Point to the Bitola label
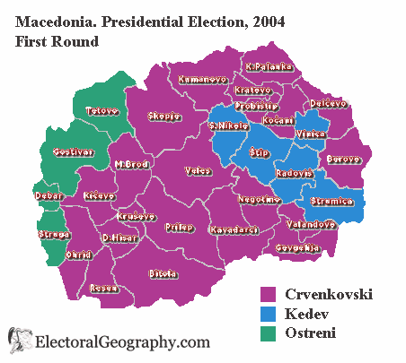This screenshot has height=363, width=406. [x=163, y=272]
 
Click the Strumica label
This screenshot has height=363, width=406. [x=332, y=202]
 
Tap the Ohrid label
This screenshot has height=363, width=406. [x=78, y=255]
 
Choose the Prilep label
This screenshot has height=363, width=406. [x=179, y=227]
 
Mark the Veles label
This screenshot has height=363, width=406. [x=198, y=169]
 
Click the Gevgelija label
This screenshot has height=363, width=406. [x=297, y=247]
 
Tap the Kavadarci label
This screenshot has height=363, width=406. [x=234, y=229]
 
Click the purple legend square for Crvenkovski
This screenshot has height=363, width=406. [x=267, y=295]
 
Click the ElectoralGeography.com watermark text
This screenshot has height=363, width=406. [x=122, y=342]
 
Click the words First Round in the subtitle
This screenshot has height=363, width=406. [x=55, y=40]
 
